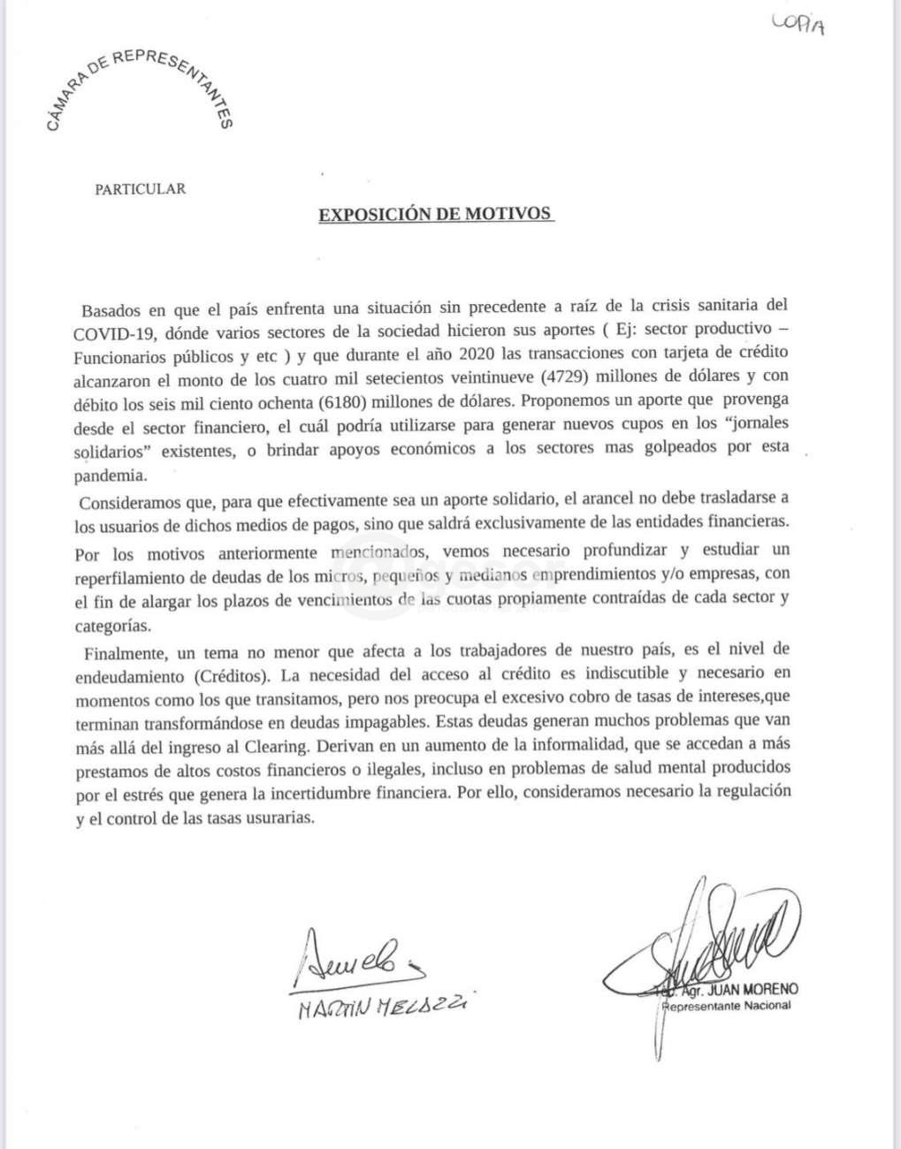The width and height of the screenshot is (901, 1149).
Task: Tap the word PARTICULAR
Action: coord(140,189)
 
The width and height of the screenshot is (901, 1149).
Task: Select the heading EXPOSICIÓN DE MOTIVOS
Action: coord(435,215)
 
